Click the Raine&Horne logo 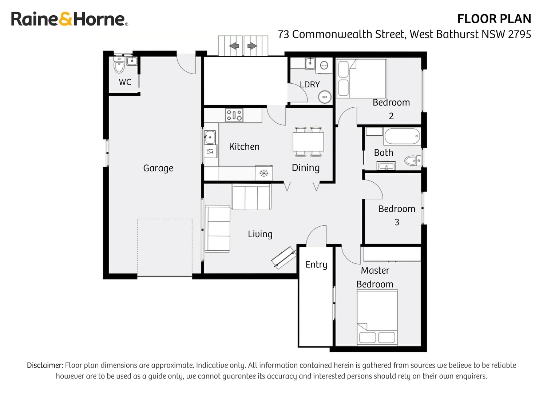[69, 19]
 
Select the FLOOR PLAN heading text [494, 19]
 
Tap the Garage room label [158, 168]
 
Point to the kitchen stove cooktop [234, 115]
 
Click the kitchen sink [210, 138]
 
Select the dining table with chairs [308, 142]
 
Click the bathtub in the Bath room [402, 137]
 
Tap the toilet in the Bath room [412, 160]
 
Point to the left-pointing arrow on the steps [234, 46]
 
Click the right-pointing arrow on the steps [252, 46]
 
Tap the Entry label [316, 265]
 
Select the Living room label [260, 234]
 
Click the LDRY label [310, 84]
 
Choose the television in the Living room [284, 258]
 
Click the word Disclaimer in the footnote [45, 365]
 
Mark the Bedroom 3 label [397, 215]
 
